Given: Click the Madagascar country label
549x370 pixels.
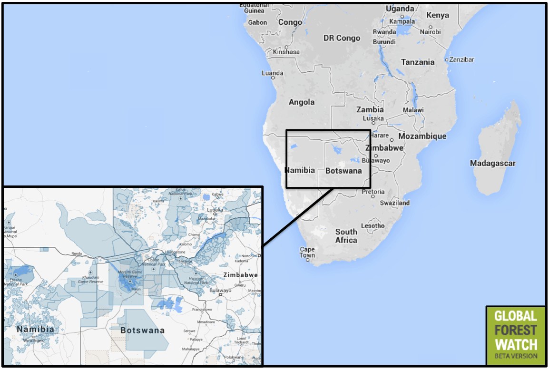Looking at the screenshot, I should coord(493,163).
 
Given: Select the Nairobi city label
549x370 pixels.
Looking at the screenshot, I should coord(430,32).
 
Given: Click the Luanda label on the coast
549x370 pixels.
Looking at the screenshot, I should coord(273,73).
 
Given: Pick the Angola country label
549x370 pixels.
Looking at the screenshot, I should coord(302,102).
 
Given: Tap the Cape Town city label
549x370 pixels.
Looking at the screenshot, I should coord(307,252).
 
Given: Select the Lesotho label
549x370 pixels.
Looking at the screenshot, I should coord(373,226).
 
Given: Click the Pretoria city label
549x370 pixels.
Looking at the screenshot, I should coord(373,192).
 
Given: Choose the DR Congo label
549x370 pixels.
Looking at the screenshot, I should coord(342,38).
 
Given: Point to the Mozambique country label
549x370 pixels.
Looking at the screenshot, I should coord(422,136).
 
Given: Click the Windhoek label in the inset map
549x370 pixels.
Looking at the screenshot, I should coord(33,341).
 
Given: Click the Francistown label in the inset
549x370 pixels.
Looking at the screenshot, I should coord(202,310).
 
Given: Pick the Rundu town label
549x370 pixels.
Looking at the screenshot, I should coord(77,254).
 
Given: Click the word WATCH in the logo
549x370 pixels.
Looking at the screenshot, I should coord(516,344).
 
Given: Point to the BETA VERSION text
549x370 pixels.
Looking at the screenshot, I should coord(516,356).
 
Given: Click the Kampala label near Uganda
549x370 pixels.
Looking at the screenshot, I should coord(402,21).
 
